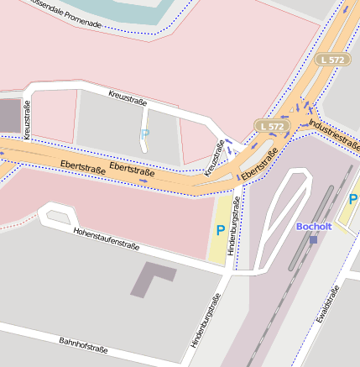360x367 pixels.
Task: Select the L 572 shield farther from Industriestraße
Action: pyautogui.click(x=333, y=60)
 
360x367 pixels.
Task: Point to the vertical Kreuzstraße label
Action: pyautogui.click(x=28, y=120)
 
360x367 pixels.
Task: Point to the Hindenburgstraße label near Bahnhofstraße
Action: pyautogui.click(x=206, y=320)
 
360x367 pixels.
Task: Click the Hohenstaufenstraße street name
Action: pyautogui.click(x=106, y=241)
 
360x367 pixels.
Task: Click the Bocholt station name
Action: pyautogui.click(x=315, y=227)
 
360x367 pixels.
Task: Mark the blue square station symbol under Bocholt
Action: pyautogui.click(x=313, y=239)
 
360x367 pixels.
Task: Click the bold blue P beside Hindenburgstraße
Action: pyautogui.click(x=221, y=230)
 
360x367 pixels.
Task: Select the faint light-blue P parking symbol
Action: pyautogui.click(x=144, y=134)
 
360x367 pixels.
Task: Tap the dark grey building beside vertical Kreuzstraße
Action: pyautogui.click(x=8, y=115)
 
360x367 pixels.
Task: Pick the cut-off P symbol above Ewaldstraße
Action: pyautogui.click(x=353, y=200)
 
